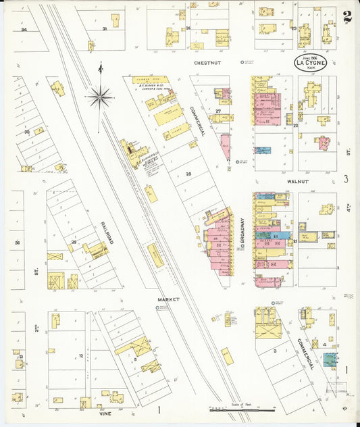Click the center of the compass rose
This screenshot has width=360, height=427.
100,97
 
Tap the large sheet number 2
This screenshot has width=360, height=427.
346,16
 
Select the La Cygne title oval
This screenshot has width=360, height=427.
309,64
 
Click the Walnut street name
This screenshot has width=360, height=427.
297,182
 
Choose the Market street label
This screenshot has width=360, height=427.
167,298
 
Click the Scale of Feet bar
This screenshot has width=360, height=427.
242,409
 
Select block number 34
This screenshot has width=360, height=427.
24,30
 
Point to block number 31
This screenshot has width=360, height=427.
104,29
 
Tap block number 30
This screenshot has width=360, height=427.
26,132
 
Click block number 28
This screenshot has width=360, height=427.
188,174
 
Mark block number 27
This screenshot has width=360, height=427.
218,110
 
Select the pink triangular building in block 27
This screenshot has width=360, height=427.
226,145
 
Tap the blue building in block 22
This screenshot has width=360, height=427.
262,150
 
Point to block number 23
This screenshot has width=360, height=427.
294,28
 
